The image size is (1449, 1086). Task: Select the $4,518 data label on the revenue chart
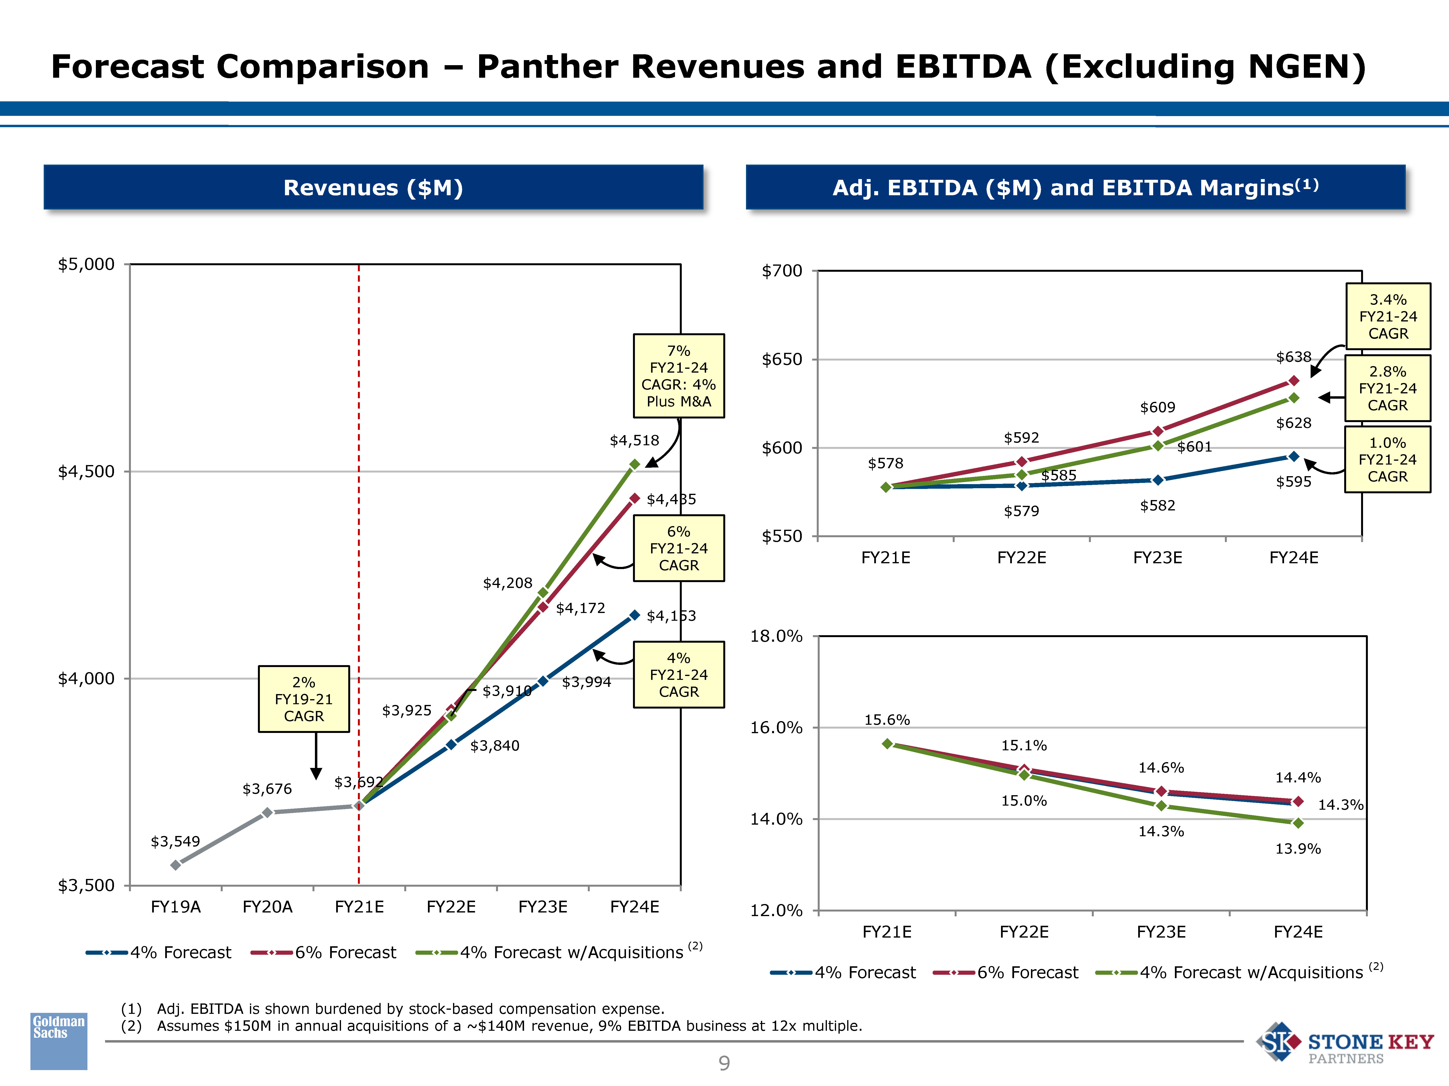pyautogui.click(x=634, y=440)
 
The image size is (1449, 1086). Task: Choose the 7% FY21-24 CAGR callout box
pyautogui.click(x=679, y=376)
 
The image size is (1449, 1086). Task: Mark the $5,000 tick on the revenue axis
pyautogui.click(x=86, y=265)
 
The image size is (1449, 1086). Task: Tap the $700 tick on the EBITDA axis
pyautogui.click(x=781, y=271)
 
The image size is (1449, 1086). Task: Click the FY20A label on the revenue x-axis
pyautogui.click(x=267, y=907)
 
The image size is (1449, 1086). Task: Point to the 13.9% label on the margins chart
pyautogui.click(x=1298, y=849)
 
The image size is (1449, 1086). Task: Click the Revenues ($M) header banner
pyautogui.click(x=373, y=188)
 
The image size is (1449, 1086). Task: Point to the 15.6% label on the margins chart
pyautogui.click(x=887, y=720)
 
